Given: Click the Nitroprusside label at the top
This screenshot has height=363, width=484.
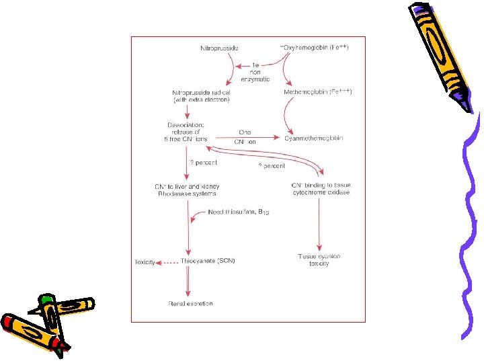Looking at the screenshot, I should point(219,48).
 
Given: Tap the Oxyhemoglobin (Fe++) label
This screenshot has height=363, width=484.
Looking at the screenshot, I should point(315,47).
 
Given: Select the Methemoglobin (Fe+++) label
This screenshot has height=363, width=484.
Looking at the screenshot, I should point(318,91).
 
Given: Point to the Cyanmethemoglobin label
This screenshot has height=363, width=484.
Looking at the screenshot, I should point(314,138).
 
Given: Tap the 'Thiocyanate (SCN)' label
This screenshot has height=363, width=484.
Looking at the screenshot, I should point(208,261).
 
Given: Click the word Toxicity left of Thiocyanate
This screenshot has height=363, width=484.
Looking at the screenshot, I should point(145,261).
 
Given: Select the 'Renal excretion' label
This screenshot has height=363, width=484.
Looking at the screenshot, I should point(190,304).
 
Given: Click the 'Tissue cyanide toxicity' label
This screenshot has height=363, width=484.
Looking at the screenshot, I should point(319,260).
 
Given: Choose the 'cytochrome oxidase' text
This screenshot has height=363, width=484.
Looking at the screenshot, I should point(321,193).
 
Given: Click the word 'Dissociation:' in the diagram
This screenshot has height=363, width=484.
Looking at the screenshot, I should point(186,124).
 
